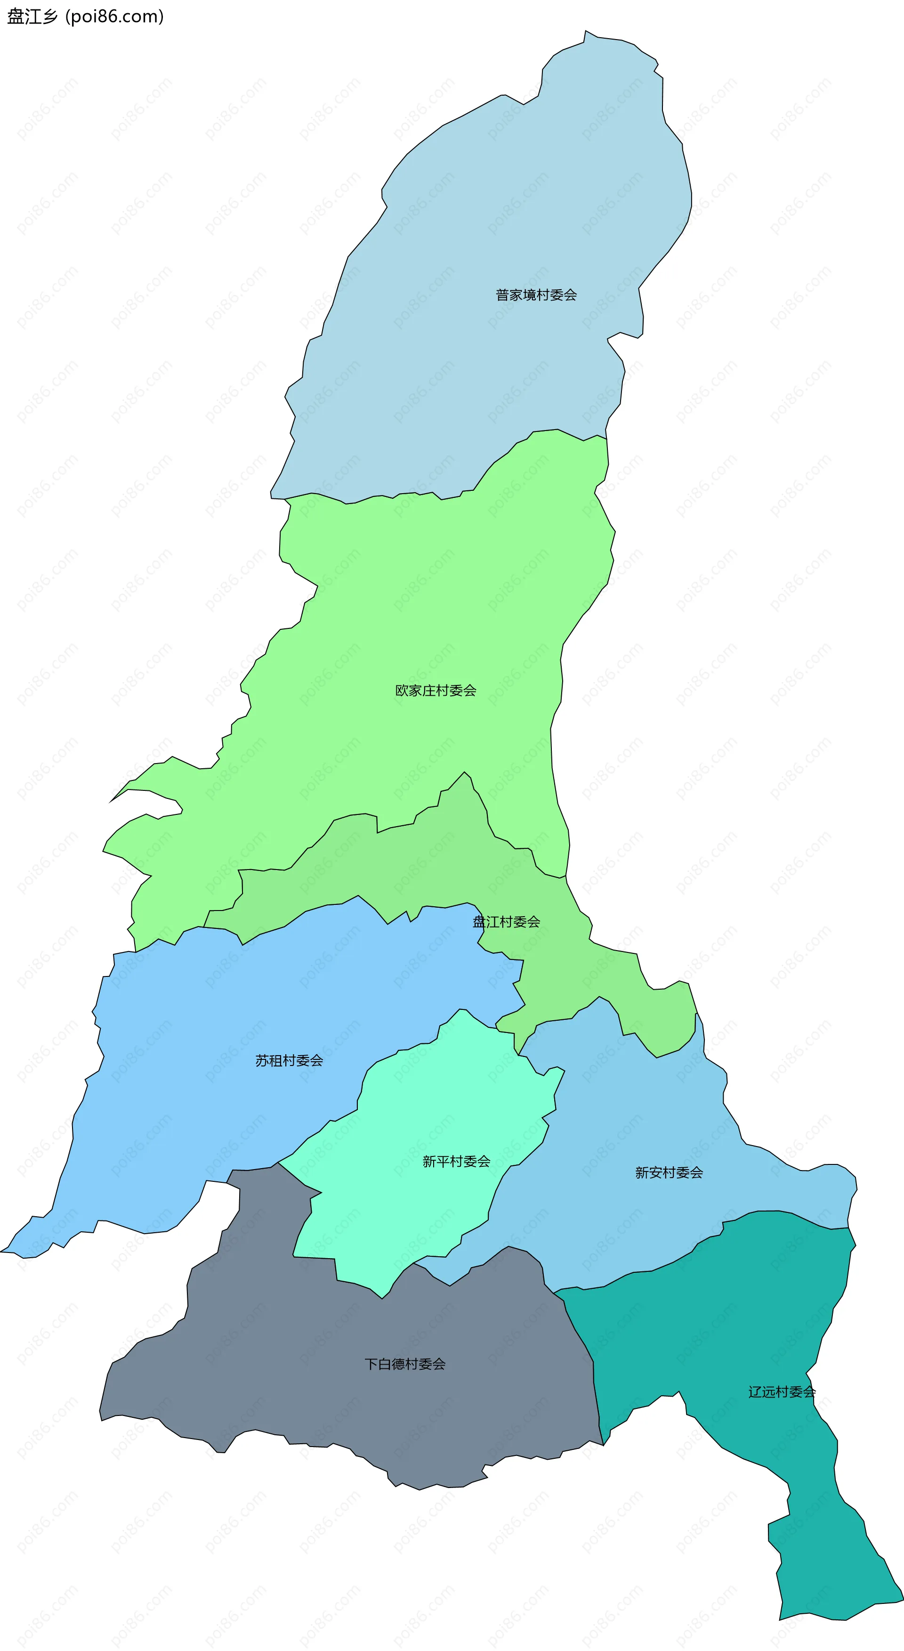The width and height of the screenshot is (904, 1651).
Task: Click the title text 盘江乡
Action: tap(32, 16)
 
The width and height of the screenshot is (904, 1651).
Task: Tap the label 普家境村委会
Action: tap(536, 295)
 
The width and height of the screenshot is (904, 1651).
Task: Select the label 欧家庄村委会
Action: tap(436, 690)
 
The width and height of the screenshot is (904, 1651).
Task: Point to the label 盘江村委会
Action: tap(506, 922)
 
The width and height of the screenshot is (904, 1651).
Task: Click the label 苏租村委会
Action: tap(289, 1061)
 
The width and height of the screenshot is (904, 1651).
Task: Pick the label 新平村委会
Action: tap(456, 1161)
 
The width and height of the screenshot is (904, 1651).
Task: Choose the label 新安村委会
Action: tap(669, 1172)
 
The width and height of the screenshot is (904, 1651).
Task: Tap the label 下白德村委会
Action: tap(405, 1364)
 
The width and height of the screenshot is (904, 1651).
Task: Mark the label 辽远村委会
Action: tap(782, 1391)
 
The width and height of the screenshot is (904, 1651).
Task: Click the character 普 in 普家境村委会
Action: tap(502, 295)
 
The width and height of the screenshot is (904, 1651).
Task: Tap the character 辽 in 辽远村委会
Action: tap(755, 1391)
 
